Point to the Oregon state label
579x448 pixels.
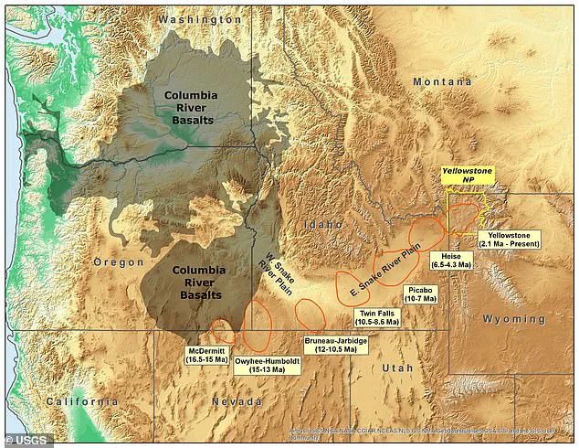tap(119, 262)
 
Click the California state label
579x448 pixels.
tap(80, 402)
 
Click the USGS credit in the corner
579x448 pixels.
tap(27, 440)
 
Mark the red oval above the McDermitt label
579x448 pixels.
tap(222, 331)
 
